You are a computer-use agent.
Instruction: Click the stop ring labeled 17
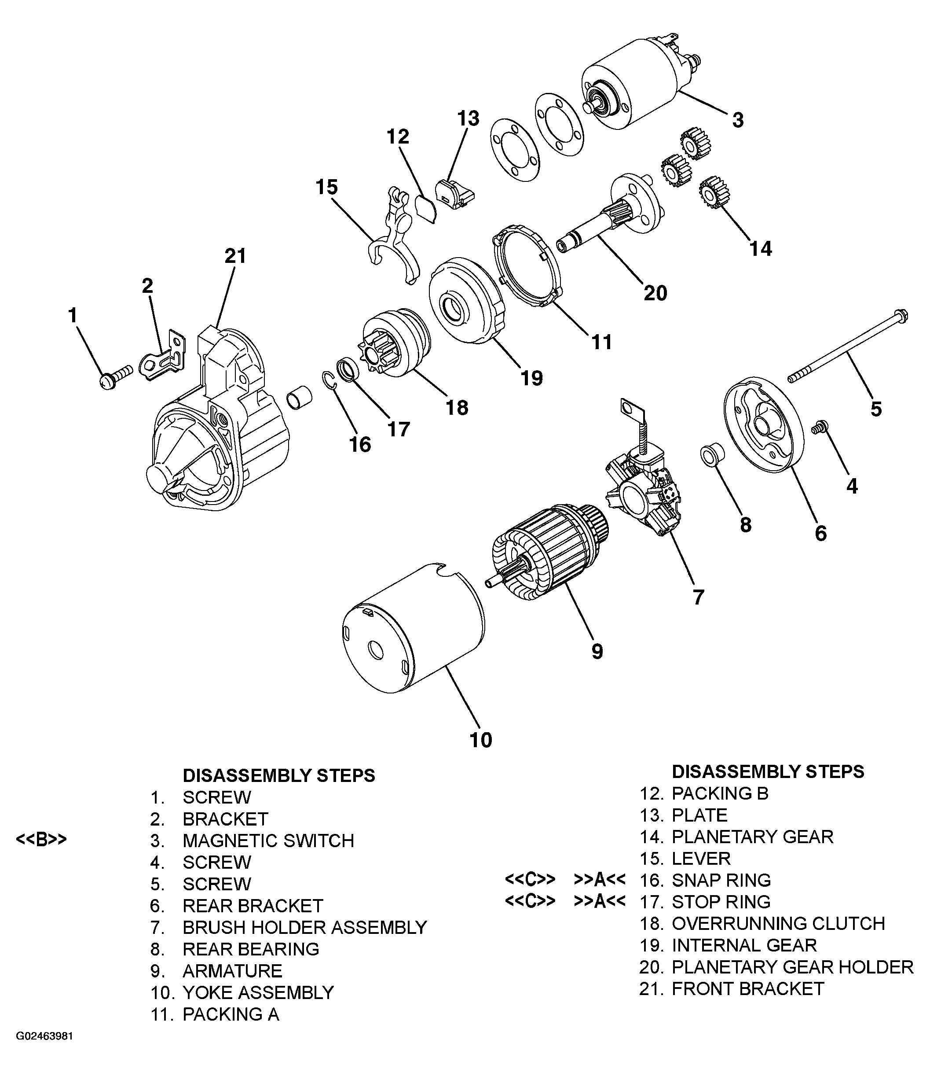click(347, 370)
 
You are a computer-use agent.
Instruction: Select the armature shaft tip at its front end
click(491, 583)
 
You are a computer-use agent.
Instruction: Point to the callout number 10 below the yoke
click(480, 740)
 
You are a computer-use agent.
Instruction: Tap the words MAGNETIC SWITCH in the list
click(268, 841)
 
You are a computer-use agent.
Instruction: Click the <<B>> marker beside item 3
click(41, 840)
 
